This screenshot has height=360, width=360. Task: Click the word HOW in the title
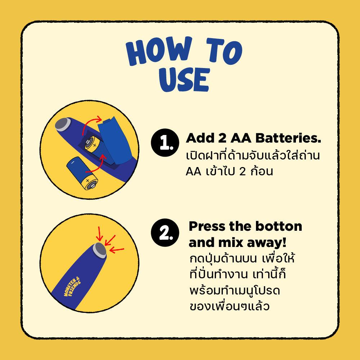[x=158, y=53]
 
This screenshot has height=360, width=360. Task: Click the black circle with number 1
[x=165, y=143]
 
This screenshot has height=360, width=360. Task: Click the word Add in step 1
[x=199, y=139]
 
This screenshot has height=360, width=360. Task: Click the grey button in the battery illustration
[x=63, y=125]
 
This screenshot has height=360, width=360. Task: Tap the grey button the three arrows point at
[x=99, y=249]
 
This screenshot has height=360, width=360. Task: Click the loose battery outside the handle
[x=81, y=173]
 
